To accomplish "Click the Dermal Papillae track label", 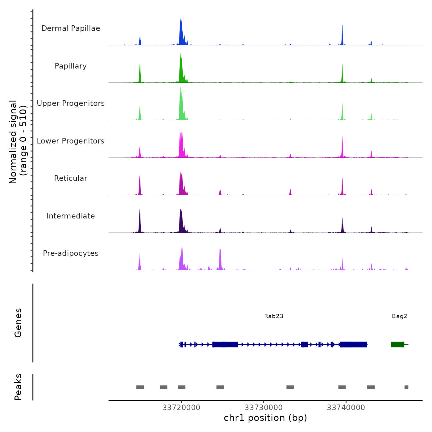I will (x=71, y=28).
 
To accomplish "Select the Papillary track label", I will (x=71, y=66).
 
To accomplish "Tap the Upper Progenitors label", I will (x=71, y=103).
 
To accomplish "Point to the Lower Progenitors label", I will (x=71, y=141).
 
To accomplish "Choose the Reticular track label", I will (x=71, y=178).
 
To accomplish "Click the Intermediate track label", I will (x=71, y=216).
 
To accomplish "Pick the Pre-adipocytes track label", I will (x=71, y=253).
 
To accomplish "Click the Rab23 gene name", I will (x=273, y=316).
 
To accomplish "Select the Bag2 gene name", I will (x=399, y=316).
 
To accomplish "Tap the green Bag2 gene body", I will (x=397, y=344).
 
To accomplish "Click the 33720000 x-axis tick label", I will (x=181, y=408).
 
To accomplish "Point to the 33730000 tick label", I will (x=264, y=408).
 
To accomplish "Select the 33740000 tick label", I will (x=346, y=408).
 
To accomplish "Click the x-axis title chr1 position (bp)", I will (x=265, y=418).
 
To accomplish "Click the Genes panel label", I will (x=18, y=323).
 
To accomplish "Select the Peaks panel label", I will (x=18, y=387).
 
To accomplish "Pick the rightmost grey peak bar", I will (x=406, y=387).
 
